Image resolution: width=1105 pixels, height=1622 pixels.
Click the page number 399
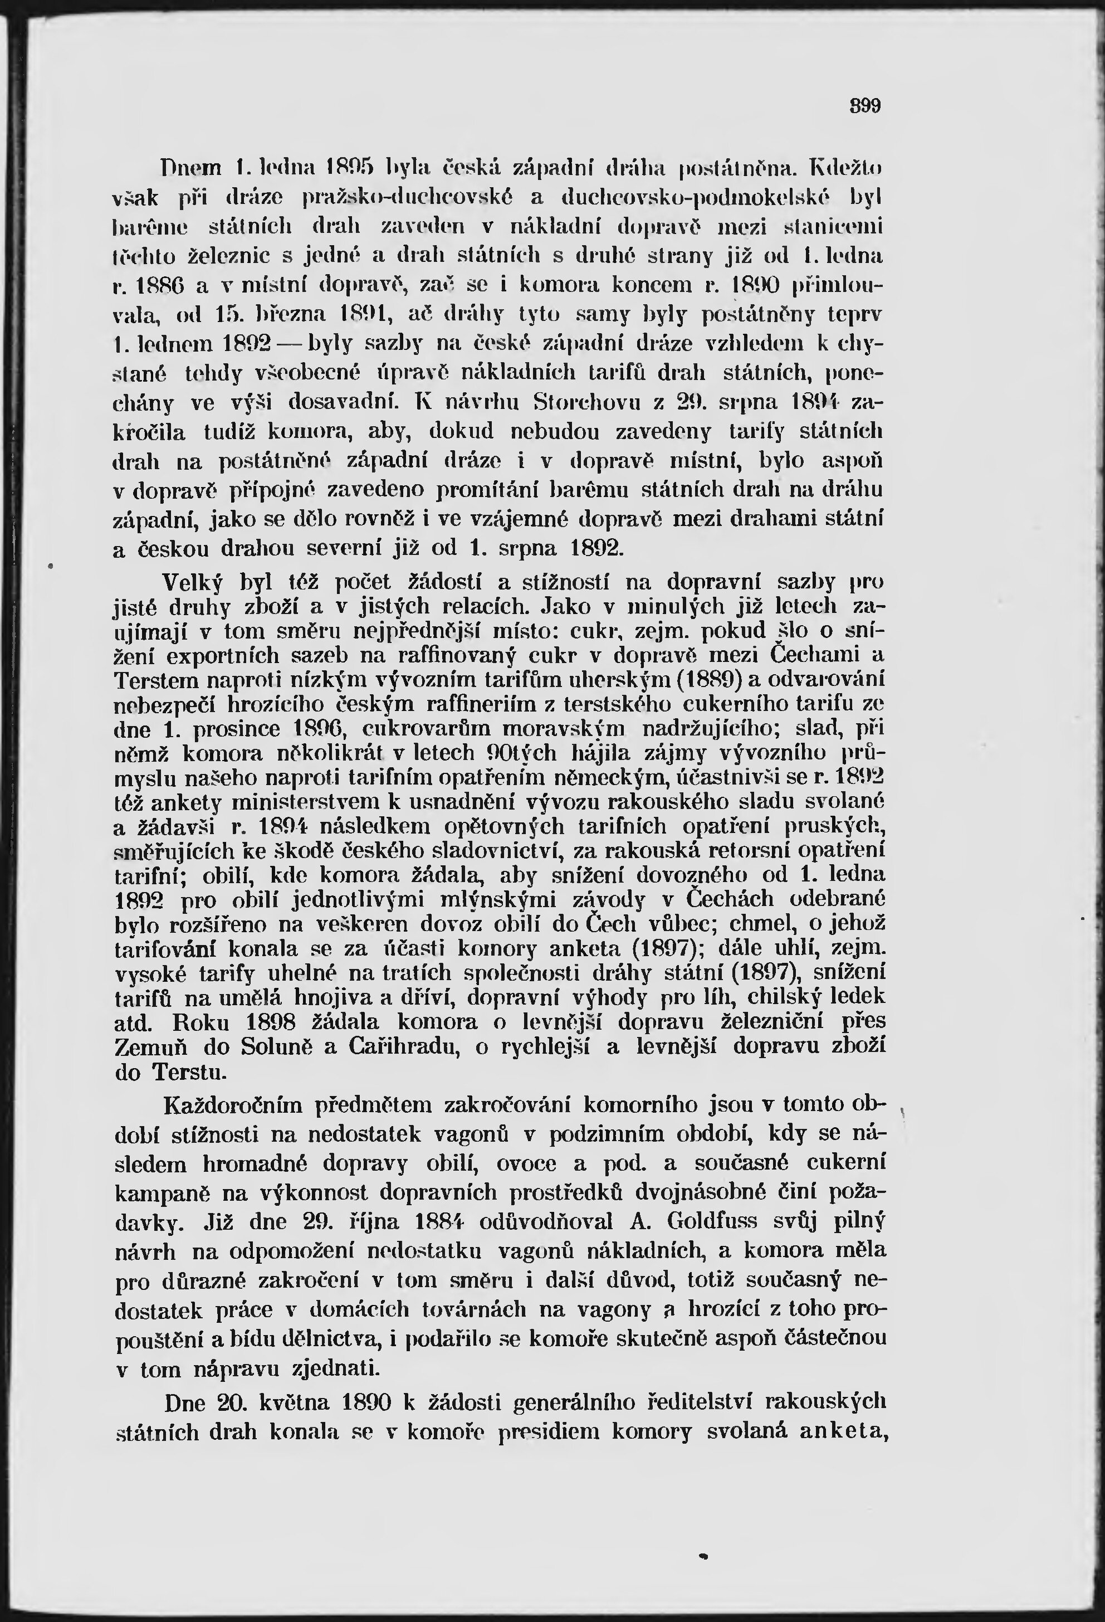click(866, 107)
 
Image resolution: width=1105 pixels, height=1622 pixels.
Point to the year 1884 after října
click(438, 1221)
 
